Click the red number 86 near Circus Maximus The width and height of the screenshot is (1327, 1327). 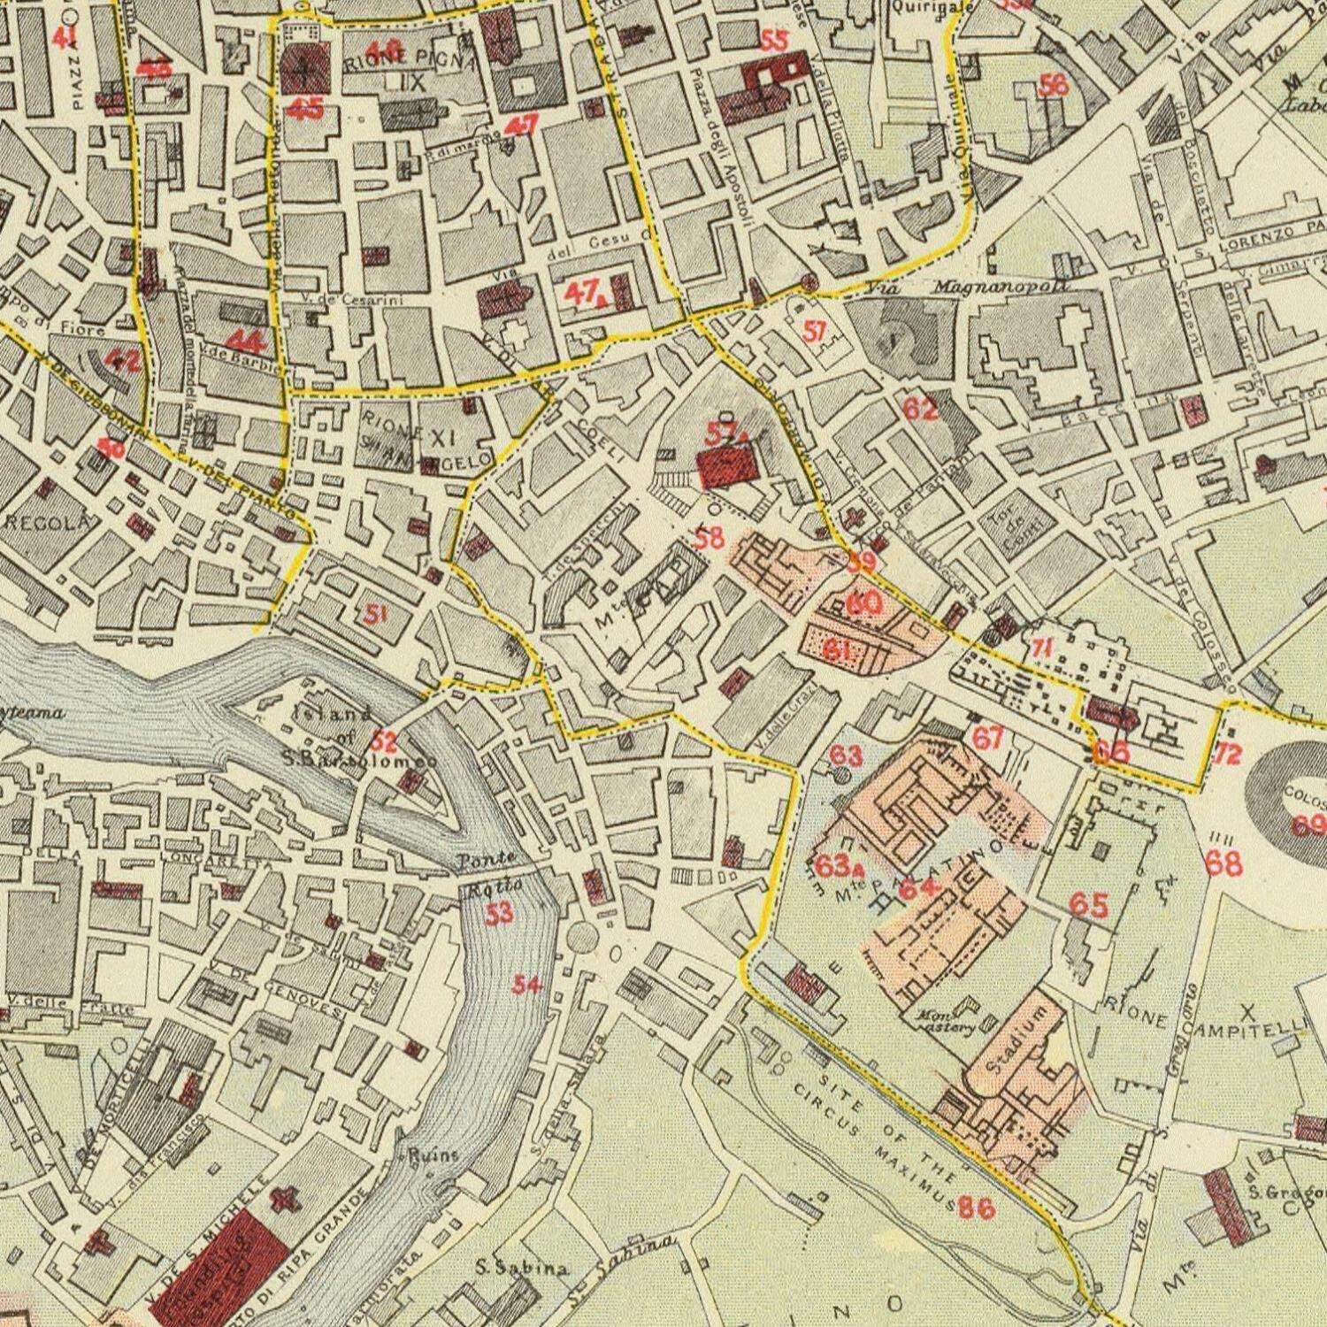pyautogui.click(x=977, y=1207)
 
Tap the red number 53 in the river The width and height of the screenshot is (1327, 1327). pyautogui.click(x=500, y=914)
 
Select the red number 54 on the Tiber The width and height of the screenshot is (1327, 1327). pyautogui.click(x=528, y=984)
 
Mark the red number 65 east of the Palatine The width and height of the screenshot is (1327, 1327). pyautogui.click(x=1089, y=904)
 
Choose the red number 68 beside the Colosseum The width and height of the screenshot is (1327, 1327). pyautogui.click(x=1224, y=863)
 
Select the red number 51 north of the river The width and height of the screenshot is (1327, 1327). pyautogui.click(x=377, y=612)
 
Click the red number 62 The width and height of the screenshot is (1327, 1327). pyautogui.click(x=920, y=409)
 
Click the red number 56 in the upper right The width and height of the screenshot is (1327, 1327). pyautogui.click(x=1054, y=85)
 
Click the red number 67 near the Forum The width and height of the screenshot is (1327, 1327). pyautogui.click(x=987, y=736)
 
